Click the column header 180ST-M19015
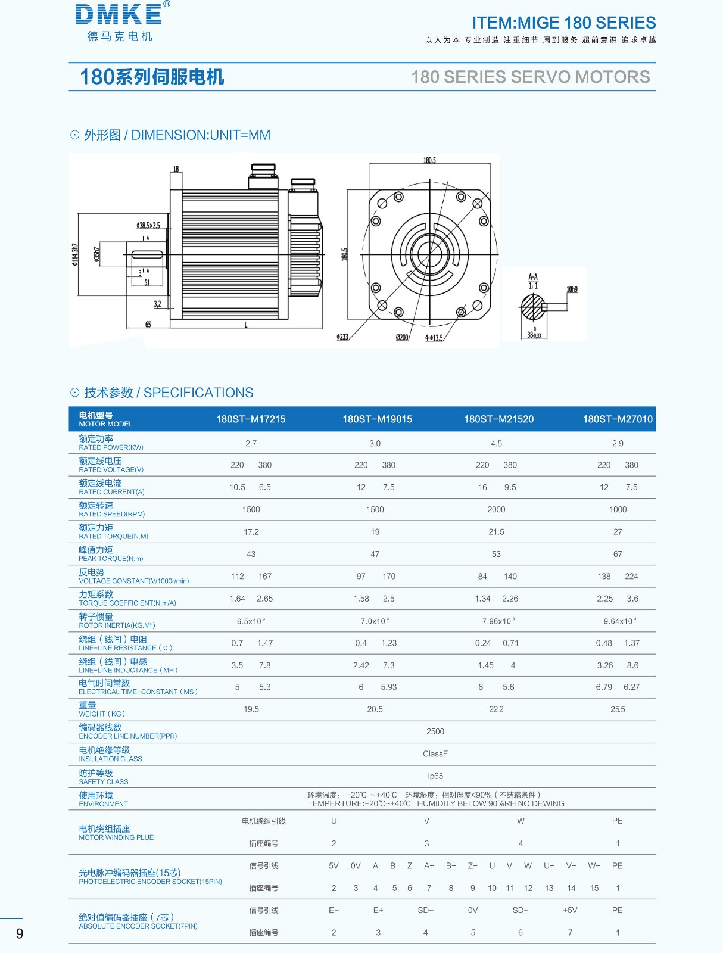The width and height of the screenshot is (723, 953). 377,419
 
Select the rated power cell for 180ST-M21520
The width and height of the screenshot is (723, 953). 496,444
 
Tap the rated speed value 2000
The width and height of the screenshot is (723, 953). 496,510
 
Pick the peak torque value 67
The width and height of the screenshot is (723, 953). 618,555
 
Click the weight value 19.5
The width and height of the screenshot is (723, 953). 251,709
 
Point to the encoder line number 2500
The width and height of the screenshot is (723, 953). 435,731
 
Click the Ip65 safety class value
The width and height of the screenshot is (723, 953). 435,776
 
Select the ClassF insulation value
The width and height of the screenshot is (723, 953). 435,754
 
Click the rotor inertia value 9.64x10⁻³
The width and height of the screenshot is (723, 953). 619,621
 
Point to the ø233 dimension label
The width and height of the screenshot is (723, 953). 342,337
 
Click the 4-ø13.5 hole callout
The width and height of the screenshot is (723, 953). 434,338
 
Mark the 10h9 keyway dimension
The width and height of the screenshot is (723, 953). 572,289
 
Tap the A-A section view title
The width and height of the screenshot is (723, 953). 533,277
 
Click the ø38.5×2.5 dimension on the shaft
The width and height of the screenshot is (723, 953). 148,226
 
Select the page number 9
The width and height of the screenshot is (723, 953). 20,933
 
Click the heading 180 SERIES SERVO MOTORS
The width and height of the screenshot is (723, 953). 530,77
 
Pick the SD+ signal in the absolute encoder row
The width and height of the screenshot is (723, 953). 520,911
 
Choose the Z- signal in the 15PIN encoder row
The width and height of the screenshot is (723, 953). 472,866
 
